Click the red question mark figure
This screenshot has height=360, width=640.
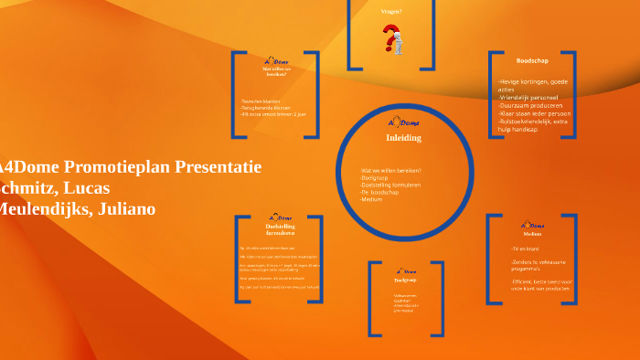[393, 39]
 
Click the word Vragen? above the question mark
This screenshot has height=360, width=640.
[391, 12]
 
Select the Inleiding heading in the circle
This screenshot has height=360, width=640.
[403, 138]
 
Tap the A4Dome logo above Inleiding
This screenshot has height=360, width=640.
[403, 122]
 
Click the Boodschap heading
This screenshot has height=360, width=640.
[532, 60]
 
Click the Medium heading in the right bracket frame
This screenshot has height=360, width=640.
[532, 234]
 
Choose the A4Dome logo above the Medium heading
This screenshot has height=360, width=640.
[532, 225]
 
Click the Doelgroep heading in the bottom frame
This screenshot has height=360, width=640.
[405, 281]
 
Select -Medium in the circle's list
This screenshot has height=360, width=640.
[372, 199]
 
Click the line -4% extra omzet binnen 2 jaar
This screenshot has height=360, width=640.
[275, 114]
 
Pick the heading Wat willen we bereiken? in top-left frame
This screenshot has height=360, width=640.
[277, 69]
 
